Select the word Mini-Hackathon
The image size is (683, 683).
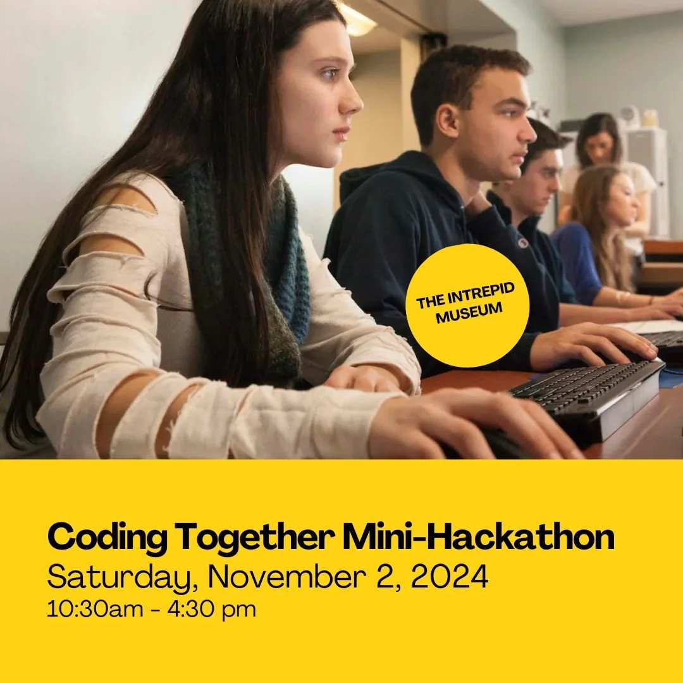pos(478,538)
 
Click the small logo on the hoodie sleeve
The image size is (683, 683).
pos(522,243)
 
